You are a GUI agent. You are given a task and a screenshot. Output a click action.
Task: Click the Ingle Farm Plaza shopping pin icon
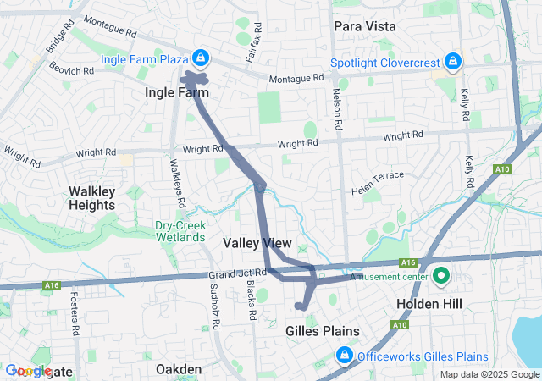[x=200, y=58]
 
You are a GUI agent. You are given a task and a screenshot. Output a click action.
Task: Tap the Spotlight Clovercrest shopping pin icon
[x=453, y=62]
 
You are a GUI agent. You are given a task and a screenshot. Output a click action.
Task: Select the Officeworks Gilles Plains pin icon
[x=344, y=354]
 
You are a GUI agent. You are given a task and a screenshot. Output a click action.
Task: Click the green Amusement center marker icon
[x=441, y=276]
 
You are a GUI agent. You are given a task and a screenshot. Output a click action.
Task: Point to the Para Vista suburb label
[x=364, y=26]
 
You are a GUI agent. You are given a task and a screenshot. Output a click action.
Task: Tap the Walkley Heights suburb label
[x=91, y=198]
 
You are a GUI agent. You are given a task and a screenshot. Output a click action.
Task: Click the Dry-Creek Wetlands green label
[x=180, y=231]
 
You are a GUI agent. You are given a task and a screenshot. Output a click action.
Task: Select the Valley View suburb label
[x=257, y=243]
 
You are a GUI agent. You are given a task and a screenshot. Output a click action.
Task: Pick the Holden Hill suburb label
[x=427, y=302]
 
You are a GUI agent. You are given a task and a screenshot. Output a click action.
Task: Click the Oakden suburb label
[x=179, y=369]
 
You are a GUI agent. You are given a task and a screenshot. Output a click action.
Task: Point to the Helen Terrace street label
[x=378, y=184]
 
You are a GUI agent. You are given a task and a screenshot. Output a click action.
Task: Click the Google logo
[x=28, y=371]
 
